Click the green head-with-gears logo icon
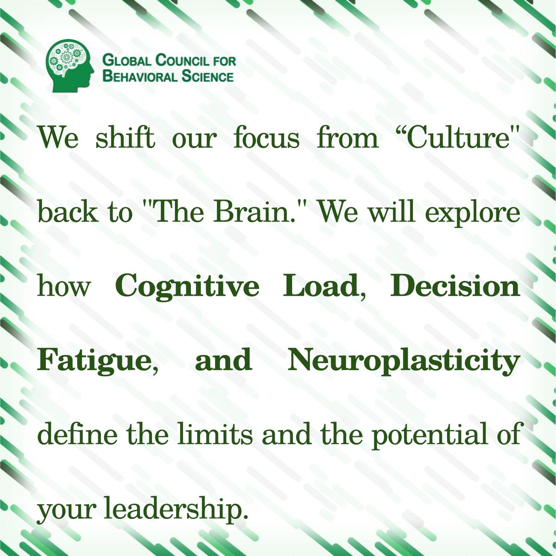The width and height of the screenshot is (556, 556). click(x=72, y=65)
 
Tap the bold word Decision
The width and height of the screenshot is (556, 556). click(x=455, y=286)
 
